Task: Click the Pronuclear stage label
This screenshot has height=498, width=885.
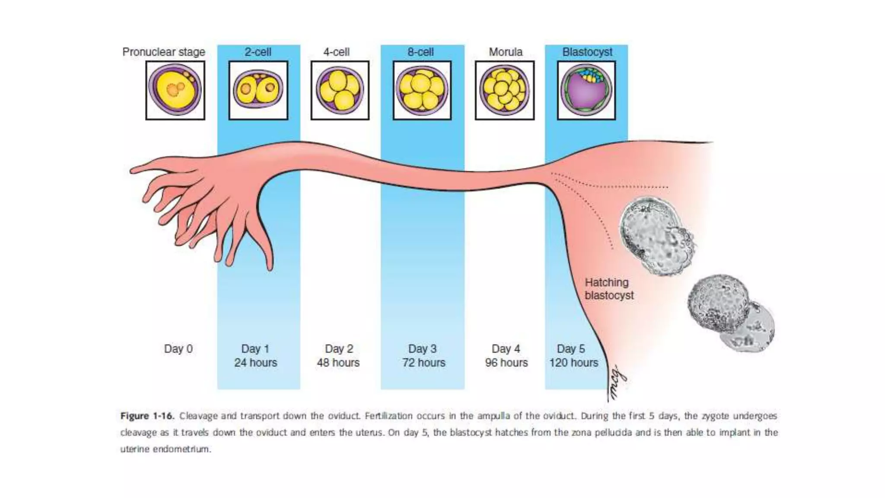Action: tap(164, 52)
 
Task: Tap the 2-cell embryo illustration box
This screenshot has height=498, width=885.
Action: tap(258, 90)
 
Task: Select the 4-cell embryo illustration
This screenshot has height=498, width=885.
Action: tap(340, 90)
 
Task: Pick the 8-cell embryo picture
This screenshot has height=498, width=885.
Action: tap(422, 90)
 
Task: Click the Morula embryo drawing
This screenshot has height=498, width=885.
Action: tap(504, 90)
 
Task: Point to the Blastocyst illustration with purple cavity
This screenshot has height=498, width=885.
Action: tap(586, 90)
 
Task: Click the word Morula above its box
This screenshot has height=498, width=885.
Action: tap(506, 52)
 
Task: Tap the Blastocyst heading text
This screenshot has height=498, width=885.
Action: tap(587, 52)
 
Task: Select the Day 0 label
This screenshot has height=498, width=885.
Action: tap(178, 349)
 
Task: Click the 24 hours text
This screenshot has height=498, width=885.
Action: tap(256, 363)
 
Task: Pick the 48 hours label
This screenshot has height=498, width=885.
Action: tap(338, 363)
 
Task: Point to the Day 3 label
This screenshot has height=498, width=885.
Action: tap(422, 349)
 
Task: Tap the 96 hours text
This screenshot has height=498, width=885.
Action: tap(506, 363)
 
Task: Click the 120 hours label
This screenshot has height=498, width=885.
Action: tap(574, 363)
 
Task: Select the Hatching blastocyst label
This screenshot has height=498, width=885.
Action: tap(609, 289)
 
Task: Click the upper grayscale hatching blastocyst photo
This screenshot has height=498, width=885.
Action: tap(657, 236)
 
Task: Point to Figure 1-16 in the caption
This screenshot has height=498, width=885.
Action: tap(147, 416)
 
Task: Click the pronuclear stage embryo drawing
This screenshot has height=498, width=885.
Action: tap(175, 90)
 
